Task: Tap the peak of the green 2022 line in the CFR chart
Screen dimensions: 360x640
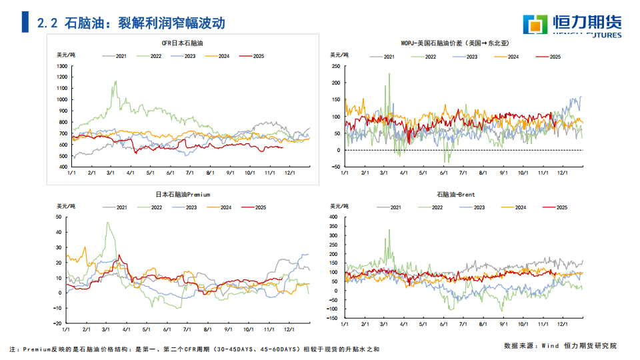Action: point(116,81)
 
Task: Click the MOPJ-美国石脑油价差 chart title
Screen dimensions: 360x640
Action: point(455,43)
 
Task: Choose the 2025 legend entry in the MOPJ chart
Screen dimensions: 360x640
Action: point(549,57)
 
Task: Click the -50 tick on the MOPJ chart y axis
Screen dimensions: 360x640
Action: point(336,167)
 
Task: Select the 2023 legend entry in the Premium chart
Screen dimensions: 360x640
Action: point(196,207)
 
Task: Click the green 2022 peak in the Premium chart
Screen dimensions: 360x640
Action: point(107,223)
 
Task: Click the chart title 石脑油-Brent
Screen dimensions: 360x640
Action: point(456,195)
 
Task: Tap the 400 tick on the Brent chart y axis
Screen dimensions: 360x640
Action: point(334,217)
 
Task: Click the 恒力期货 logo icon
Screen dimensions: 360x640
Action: point(535,25)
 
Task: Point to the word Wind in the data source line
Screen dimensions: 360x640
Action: point(549,345)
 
